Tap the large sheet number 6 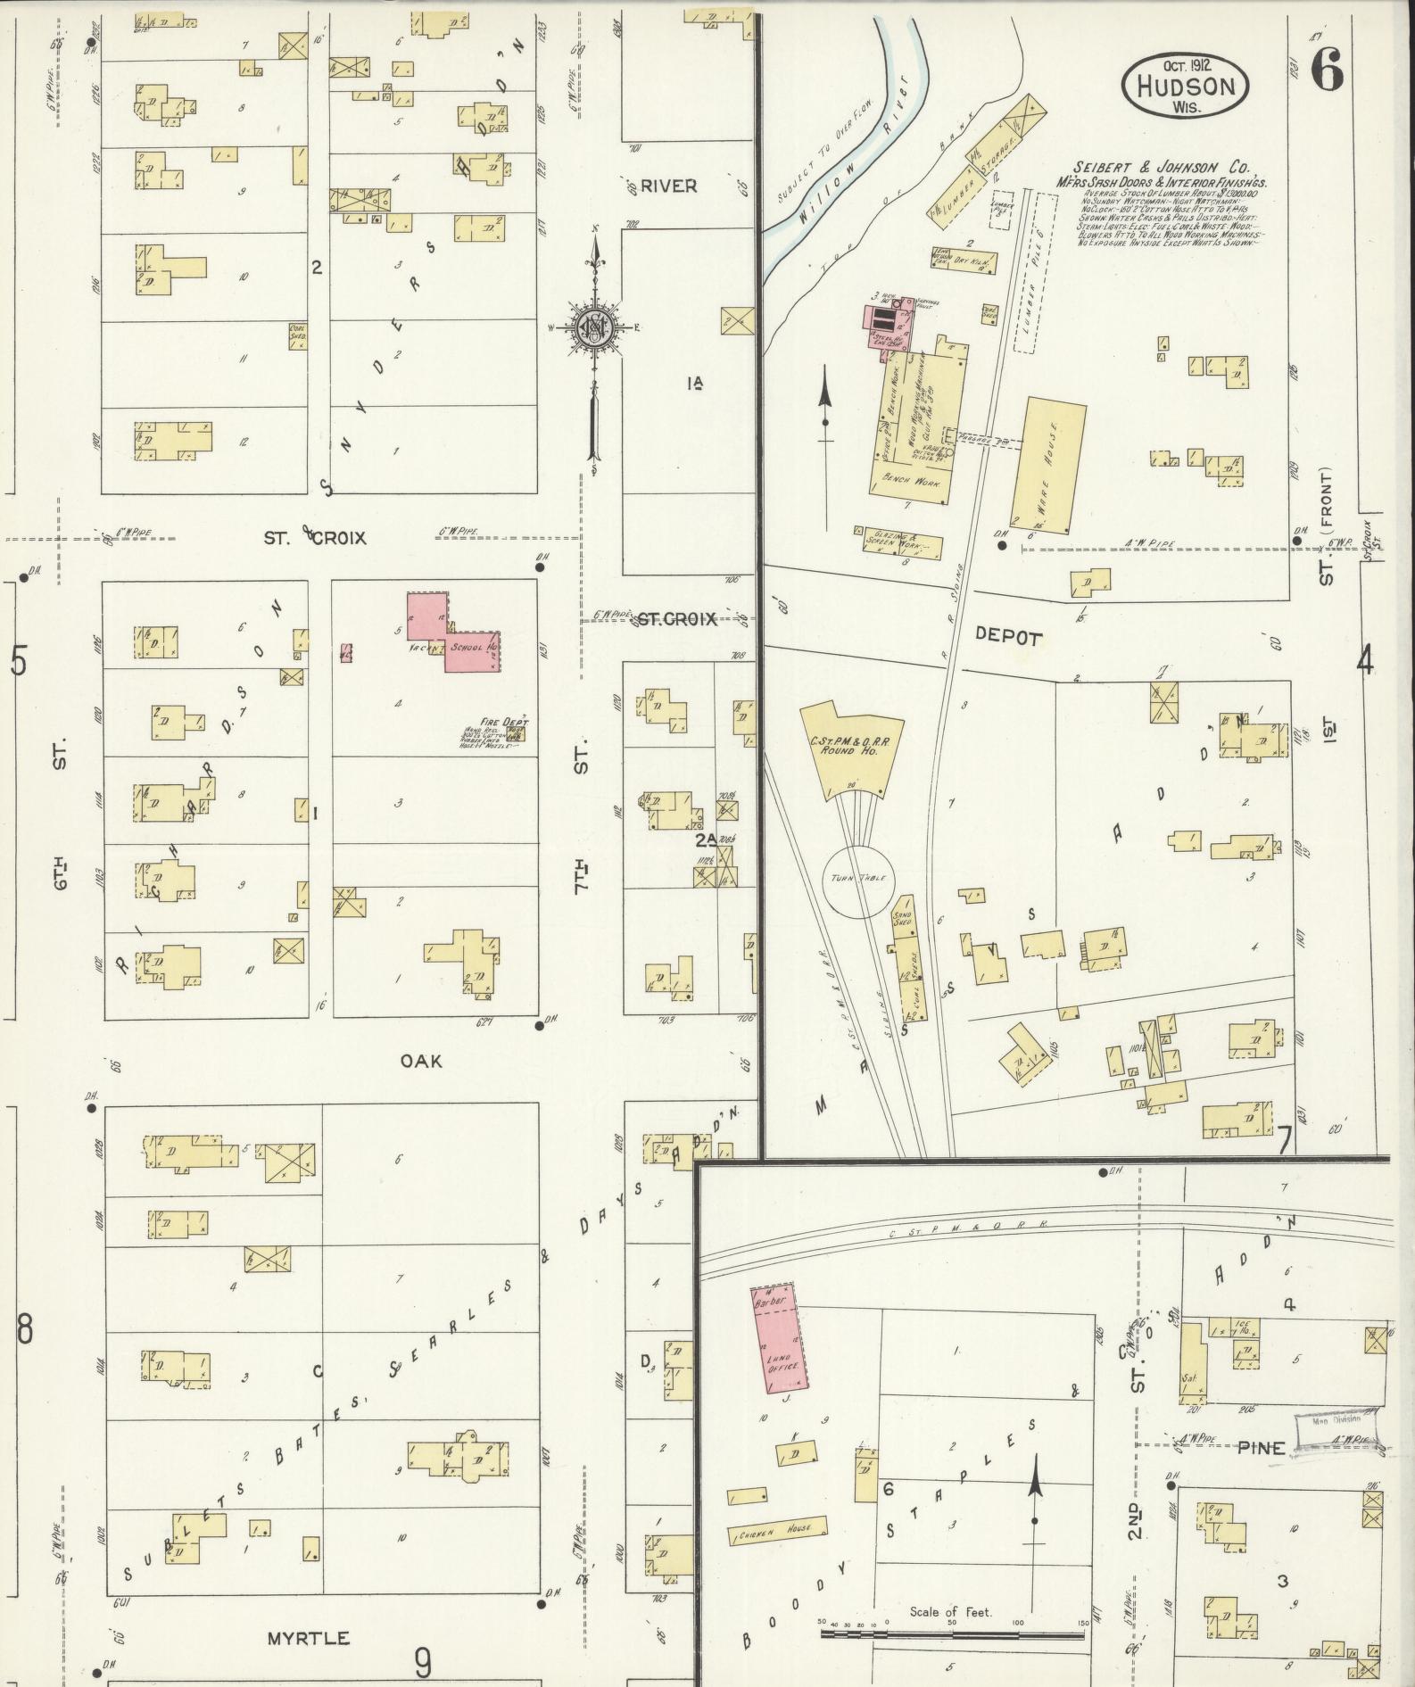tap(1327, 72)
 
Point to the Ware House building tap(1053, 466)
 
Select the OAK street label tap(420, 1061)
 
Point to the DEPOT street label tap(1008, 637)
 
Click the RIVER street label tap(668, 186)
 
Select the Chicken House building tap(773, 1529)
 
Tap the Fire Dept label tap(505, 722)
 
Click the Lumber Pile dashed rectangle tap(1034, 272)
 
